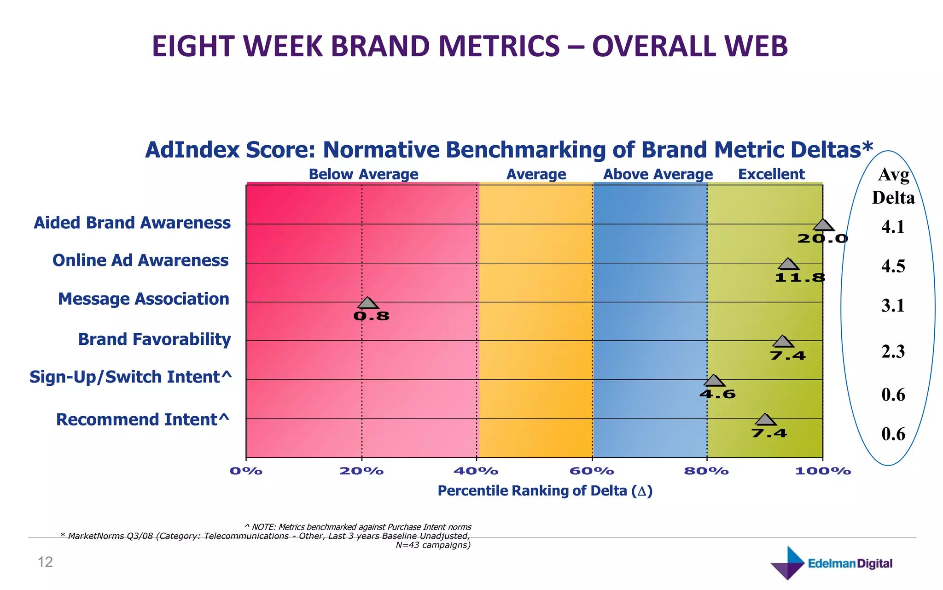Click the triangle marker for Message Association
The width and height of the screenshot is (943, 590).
[368, 303]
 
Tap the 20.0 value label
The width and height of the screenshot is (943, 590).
[822, 238]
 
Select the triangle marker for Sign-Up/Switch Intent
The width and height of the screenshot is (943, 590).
[714, 381]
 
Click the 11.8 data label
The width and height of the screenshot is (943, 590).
[800, 277]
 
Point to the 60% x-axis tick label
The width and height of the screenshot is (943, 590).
[592, 471]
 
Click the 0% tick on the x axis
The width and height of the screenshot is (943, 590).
[246, 471]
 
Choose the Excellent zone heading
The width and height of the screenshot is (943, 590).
[771, 174]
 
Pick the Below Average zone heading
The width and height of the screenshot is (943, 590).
[363, 174]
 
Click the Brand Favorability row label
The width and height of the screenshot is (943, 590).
[154, 339]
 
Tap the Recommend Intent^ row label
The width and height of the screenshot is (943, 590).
[143, 419]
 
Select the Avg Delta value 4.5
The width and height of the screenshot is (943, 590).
[893, 266]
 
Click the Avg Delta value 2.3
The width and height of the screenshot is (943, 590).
[893, 352]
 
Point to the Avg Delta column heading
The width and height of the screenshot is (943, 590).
[893, 186]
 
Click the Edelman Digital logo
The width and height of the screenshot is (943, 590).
[831, 563]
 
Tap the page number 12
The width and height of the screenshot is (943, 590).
[45, 562]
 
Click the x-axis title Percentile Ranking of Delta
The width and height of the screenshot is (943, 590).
[545, 491]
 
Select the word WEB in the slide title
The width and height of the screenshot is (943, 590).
[756, 47]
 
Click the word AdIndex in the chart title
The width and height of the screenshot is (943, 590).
[192, 150]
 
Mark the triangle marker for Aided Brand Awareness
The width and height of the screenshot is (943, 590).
[823, 225]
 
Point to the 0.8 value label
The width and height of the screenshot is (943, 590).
[371, 316]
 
